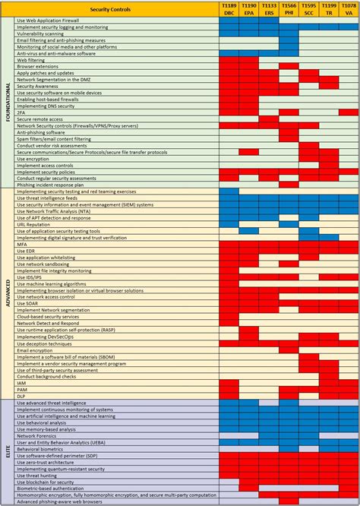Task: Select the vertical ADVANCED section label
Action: click(8, 291)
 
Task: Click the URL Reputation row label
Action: click(39, 223)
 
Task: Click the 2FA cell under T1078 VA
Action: click(348, 112)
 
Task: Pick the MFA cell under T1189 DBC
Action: click(229, 244)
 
